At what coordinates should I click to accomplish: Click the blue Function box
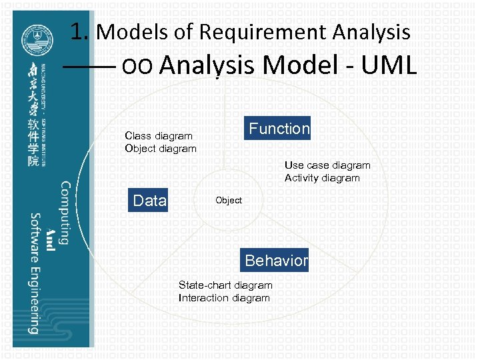[x=279, y=128]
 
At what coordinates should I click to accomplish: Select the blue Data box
[x=149, y=200]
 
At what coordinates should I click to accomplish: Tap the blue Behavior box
[x=276, y=260]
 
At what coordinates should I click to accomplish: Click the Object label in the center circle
[x=229, y=200]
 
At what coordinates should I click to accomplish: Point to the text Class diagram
[x=159, y=136]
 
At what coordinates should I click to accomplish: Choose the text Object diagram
[x=161, y=148]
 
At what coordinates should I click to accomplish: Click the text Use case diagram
[x=327, y=165]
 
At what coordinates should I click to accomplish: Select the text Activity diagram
[x=322, y=178]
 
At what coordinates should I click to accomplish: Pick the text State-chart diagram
[x=225, y=285]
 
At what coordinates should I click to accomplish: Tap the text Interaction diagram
[x=224, y=298]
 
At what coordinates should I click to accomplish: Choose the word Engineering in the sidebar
[x=34, y=300]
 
